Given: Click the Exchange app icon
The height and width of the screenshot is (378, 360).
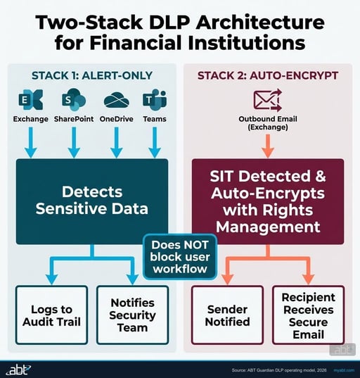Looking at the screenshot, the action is click(30, 99).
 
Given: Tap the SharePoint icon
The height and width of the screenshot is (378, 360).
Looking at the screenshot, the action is click(74, 99).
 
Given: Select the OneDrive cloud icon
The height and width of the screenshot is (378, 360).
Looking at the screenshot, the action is click(116, 100).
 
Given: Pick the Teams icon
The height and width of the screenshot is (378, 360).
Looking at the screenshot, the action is click(155, 99).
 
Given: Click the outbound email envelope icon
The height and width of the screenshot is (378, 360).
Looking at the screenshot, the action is click(268, 100).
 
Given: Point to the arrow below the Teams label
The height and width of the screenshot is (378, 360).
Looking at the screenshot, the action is click(155, 142).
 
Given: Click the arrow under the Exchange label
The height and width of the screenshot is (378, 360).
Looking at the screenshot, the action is click(30, 142).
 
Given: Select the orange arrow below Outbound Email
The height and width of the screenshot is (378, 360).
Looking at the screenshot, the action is click(268, 146).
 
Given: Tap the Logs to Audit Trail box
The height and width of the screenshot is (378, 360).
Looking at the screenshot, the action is click(51, 315).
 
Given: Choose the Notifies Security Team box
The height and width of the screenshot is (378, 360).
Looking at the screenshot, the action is click(132, 315).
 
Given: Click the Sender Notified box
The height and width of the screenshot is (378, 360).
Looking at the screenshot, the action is click(227, 315).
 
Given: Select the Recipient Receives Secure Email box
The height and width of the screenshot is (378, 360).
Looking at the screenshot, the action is click(309, 315).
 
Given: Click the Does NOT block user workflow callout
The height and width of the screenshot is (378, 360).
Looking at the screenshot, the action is click(180, 257).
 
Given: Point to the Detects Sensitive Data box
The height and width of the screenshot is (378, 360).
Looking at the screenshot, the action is click(92, 201).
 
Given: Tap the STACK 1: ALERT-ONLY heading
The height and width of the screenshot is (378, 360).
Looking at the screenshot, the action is click(92, 75).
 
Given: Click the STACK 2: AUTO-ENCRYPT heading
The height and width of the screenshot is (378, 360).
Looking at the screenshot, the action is click(268, 75).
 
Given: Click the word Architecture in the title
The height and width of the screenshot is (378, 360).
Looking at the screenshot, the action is click(261, 23).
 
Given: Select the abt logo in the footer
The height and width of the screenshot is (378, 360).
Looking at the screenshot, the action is click(18, 370).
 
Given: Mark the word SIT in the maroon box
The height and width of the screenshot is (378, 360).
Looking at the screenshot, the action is click(221, 176).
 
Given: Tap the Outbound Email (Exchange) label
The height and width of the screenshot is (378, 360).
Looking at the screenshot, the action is click(268, 122).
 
